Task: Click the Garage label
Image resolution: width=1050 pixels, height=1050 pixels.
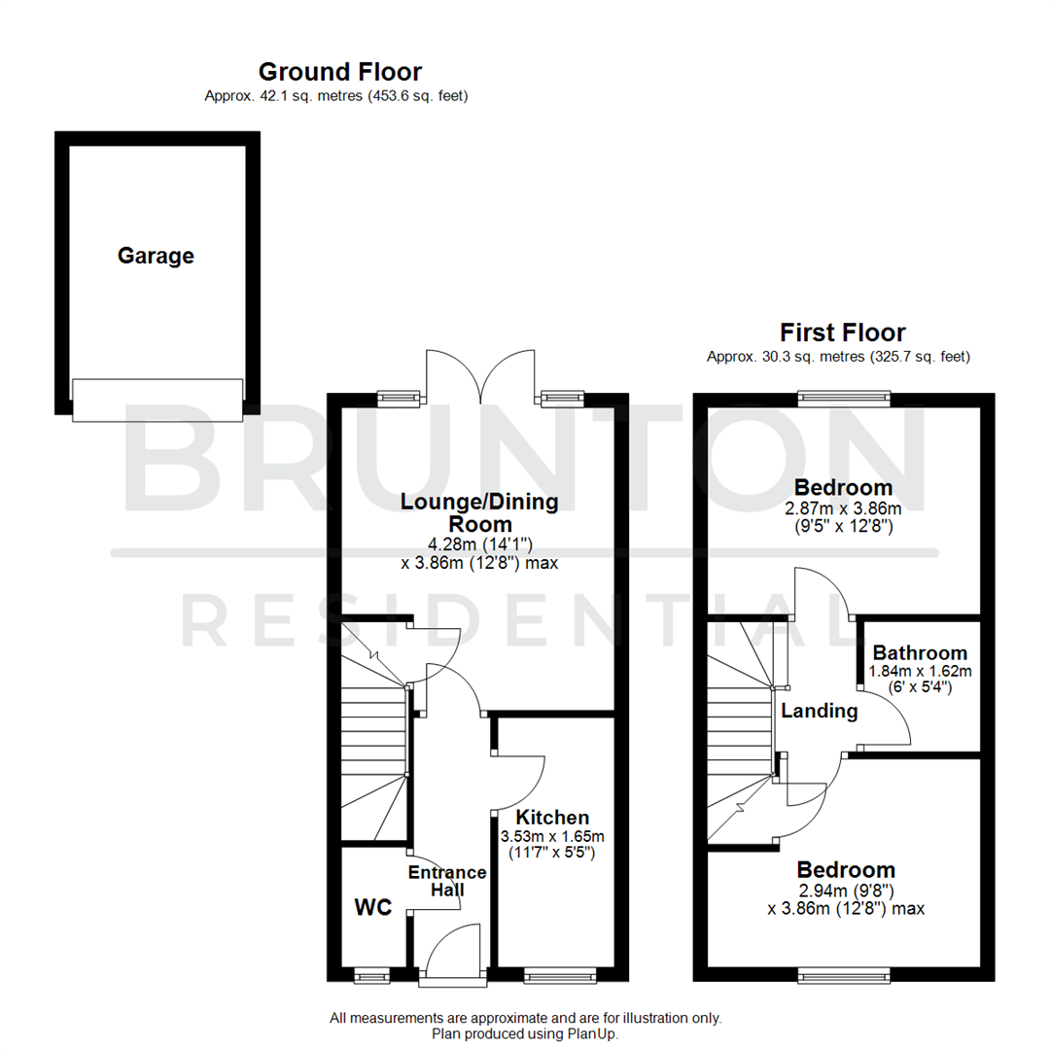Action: [x=156, y=257]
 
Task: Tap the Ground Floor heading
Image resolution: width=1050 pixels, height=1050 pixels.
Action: [x=339, y=72]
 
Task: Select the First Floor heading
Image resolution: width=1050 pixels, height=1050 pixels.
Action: [x=842, y=333]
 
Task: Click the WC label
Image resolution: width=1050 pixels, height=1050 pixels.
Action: [x=372, y=908]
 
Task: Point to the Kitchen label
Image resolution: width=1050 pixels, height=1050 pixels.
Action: [x=552, y=818]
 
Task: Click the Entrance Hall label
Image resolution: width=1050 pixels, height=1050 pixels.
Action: [x=447, y=881]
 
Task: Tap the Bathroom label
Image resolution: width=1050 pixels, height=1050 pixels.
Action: [x=920, y=653]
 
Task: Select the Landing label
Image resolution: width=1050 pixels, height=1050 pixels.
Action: [x=820, y=712]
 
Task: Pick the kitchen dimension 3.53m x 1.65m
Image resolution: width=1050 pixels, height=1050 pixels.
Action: [x=552, y=836]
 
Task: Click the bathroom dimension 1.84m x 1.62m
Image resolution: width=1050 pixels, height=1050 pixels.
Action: [x=921, y=671]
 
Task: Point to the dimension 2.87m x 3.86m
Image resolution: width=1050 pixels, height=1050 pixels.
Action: [x=844, y=509]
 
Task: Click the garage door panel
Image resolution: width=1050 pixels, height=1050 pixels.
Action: [x=157, y=400]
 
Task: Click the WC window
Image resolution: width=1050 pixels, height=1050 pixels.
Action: [x=369, y=973]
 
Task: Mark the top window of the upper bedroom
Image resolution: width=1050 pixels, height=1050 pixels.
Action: [x=844, y=396]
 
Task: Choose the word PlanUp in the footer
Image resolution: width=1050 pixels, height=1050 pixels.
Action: [x=592, y=1034]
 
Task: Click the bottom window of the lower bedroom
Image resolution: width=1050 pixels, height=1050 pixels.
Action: [x=844, y=973]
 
